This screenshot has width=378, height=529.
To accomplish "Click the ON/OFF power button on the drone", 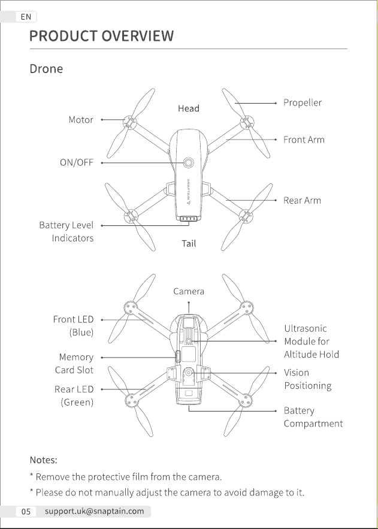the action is [x=189, y=162].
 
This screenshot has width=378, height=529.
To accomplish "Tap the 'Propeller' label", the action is [x=303, y=102].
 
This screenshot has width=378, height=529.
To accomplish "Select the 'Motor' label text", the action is [x=81, y=120].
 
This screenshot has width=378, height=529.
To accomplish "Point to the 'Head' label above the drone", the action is [x=189, y=108].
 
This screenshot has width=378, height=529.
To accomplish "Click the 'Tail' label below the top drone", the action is [x=189, y=243].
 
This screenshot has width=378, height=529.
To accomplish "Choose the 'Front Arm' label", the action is [x=304, y=140].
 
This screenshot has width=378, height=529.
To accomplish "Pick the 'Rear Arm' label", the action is [x=302, y=201].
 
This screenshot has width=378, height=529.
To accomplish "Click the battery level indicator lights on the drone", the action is [x=188, y=219].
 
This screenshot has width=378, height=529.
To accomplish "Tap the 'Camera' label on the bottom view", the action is [x=189, y=291].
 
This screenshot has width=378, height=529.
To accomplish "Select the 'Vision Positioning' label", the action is [x=307, y=379].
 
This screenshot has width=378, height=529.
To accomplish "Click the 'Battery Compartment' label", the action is [x=313, y=417].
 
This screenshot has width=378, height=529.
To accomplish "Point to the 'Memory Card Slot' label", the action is [x=74, y=363].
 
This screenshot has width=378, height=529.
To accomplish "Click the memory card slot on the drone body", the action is [x=178, y=357].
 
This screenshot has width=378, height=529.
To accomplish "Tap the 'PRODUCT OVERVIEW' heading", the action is [x=101, y=36].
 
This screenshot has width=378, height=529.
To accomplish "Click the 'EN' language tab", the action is [x=26, y=17].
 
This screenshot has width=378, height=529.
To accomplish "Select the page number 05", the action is [x=26, y=512].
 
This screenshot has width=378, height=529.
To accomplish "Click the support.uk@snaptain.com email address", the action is [x=95, y=511].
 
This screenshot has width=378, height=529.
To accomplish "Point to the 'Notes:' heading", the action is [x=44, y=460].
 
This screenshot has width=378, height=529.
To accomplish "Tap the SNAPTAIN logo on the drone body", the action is [x=189, y=192].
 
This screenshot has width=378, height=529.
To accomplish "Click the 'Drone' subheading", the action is [x=46, y=69].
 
